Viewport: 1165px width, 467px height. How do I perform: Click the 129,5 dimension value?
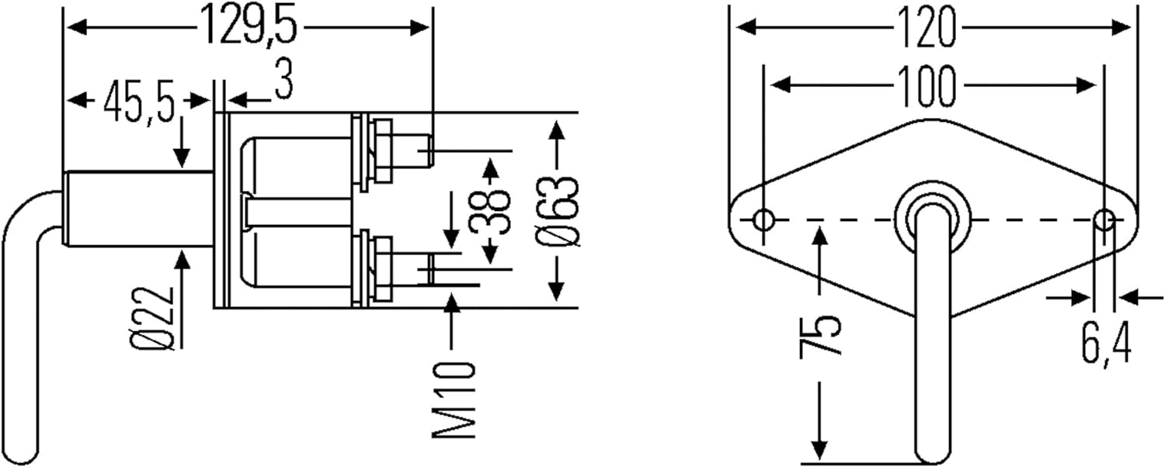coord(249,26)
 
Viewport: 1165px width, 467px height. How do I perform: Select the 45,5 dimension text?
coord(140,101)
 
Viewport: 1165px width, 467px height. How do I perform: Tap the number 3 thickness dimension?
coord(284,81)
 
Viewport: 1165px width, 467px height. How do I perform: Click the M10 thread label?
coord(454,399)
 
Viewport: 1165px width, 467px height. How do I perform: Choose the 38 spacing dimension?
coord(491,209)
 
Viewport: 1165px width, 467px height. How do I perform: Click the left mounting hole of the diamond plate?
coord(763,220)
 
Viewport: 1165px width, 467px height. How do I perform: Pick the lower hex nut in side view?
coord(382,270)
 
